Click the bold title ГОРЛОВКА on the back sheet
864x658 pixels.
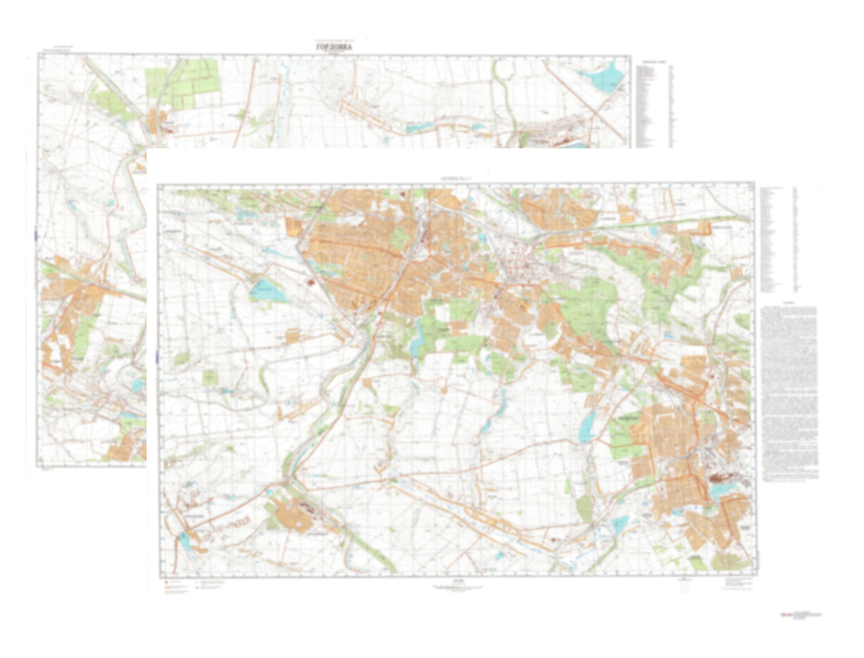(x=334, y=47)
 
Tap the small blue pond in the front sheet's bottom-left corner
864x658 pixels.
(x=184, y=542)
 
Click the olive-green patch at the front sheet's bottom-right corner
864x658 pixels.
(x=729, y=562)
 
